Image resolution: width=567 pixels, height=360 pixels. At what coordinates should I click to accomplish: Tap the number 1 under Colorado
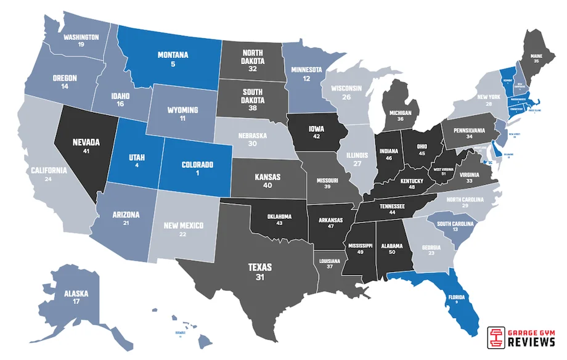tap(197, 174)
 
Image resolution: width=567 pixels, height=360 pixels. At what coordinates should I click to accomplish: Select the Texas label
tap(259, 268)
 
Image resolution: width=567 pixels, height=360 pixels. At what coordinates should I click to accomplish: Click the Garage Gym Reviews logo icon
tap(495, 337)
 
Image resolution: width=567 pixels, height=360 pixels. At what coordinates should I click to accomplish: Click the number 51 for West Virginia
tap(444, 174)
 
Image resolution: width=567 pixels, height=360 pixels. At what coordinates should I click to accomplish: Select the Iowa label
tap(316, 129)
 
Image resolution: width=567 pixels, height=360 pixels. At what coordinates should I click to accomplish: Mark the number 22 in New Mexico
tap(183, 235)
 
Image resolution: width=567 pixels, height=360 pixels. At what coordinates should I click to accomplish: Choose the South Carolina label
tap(455, 223)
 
